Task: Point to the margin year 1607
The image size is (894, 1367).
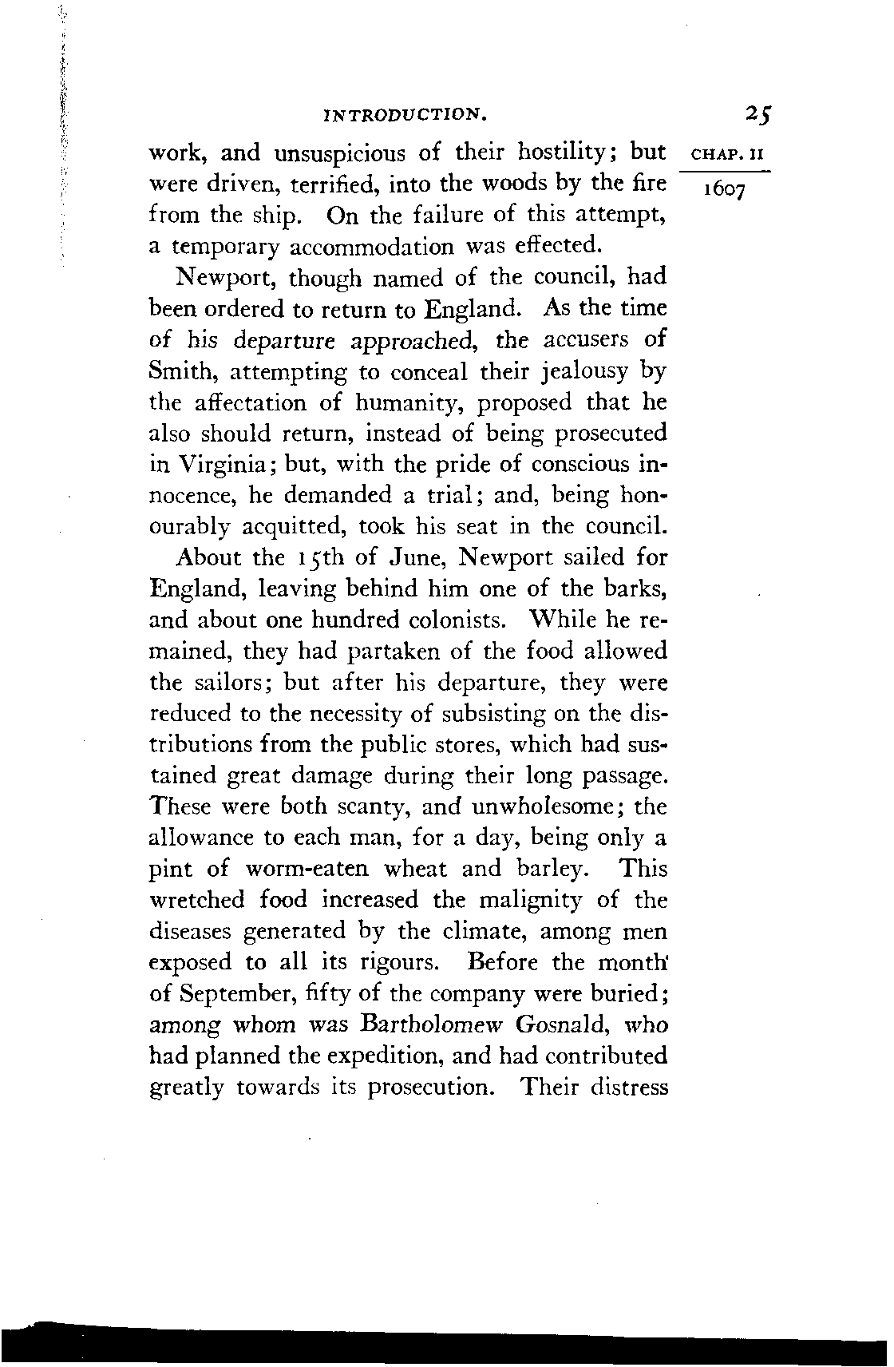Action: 722,192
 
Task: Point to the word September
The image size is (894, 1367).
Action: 240,994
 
